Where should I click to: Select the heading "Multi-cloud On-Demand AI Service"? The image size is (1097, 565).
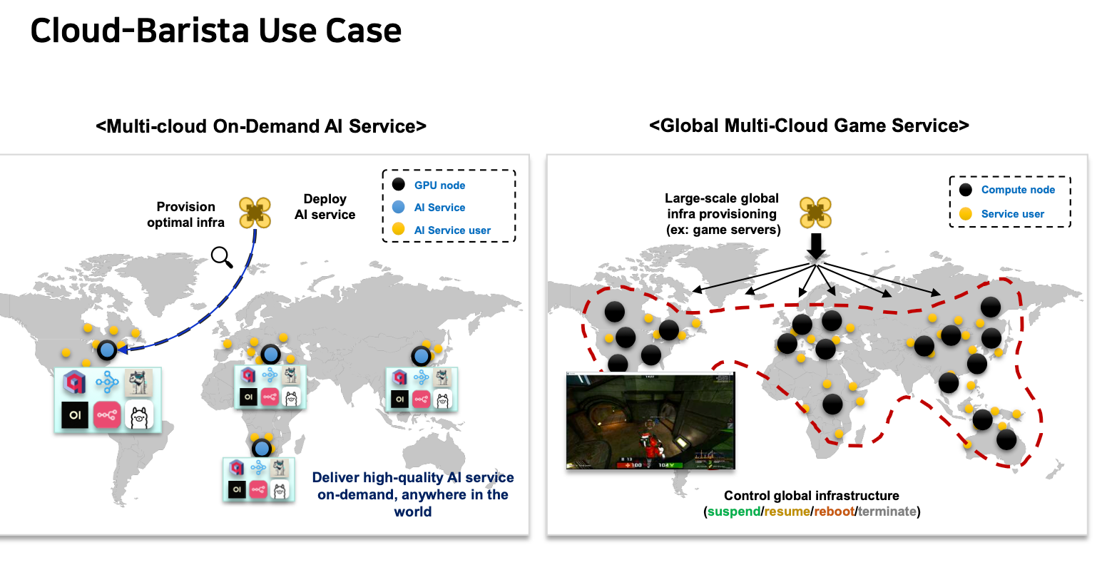(261, 126)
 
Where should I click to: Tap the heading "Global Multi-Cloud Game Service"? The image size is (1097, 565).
(809, 126)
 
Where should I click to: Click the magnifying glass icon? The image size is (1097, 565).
(222, 256)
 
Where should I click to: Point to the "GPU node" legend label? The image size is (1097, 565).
(439, 185)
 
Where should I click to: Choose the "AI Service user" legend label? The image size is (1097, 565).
(452, 230)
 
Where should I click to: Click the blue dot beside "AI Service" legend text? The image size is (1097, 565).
(399, 207)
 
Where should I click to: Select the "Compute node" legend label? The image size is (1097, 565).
(1018, 190)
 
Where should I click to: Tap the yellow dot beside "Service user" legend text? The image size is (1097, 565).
(966, 213)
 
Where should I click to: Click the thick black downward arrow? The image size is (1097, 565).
(816, 246)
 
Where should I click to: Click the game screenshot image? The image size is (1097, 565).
(650, 421)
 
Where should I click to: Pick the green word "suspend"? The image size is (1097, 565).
(734, 511)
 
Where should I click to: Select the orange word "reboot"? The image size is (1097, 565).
(834, 511)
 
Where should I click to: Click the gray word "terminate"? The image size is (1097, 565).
(887, 511)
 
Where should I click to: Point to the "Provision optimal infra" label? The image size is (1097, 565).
(185, 215)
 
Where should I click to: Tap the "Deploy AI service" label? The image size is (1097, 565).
(325, 207)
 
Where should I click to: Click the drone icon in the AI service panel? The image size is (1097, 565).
(255, 213)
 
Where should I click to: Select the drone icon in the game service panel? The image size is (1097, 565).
(816, 213)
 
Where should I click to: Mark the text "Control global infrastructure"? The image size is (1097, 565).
(811, 496)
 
